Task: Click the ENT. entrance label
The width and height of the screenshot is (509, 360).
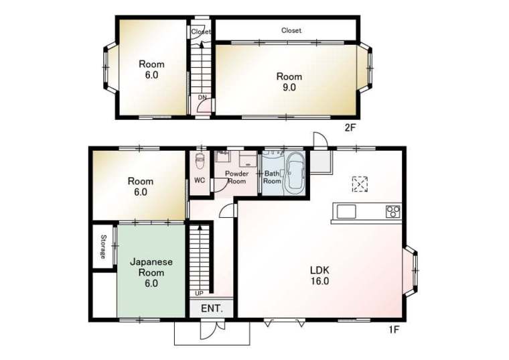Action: point(212,308)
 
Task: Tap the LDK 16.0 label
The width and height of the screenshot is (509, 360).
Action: point(319,276)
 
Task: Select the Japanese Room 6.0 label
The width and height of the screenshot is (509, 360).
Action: point(151,272)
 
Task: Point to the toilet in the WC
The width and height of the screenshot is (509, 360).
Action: point(200,161)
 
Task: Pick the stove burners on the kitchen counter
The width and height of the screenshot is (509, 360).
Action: point(392,212)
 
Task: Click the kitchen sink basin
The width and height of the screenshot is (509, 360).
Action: point(346,212)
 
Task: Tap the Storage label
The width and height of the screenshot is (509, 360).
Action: point(103,247)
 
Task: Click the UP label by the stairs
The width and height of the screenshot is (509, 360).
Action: point(199,294)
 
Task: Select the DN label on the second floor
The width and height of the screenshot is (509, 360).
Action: point(202,97)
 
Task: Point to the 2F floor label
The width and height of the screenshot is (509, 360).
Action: point(350,127)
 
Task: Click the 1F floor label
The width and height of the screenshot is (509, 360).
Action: point(394,330)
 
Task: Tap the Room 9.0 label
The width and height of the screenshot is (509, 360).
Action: point(289,82)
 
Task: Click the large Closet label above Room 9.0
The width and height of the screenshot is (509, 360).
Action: point(291,31)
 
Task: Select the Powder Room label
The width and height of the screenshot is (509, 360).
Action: point(236,178)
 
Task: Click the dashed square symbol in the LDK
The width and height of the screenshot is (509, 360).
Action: point(360,184)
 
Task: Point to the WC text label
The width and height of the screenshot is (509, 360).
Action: point(200,180)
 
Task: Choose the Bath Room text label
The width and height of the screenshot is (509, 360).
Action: point(272,178)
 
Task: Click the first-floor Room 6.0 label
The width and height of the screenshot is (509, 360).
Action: point(140,186)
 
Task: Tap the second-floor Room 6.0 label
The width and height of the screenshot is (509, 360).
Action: point(151,70)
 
